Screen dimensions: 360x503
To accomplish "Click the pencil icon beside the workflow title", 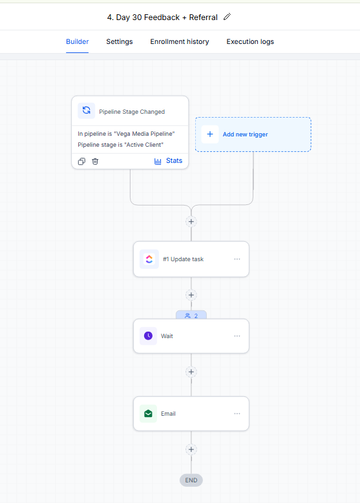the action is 228,17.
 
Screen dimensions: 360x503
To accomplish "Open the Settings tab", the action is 120,42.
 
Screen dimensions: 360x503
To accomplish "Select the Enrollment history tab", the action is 180,42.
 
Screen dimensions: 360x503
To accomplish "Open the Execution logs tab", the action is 250,42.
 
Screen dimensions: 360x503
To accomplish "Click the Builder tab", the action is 78,42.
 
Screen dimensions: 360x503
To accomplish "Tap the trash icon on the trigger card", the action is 95,162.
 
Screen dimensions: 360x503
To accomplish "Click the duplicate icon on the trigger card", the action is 81,162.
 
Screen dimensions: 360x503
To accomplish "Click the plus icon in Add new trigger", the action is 210,134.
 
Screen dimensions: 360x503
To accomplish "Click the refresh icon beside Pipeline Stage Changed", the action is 86,111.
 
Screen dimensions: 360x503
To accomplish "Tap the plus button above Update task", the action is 191,221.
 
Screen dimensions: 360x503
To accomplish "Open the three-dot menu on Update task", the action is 237,259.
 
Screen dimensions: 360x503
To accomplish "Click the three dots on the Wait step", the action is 237,336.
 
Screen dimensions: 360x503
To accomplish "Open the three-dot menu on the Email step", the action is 237,414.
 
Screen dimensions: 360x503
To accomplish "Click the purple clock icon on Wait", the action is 148,336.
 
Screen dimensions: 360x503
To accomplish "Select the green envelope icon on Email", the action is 148,414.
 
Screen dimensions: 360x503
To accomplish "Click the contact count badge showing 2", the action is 191,316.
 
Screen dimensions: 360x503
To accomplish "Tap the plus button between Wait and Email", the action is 191,372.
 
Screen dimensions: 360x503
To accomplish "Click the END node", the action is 191,480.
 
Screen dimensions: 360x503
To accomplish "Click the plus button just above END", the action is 191,449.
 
